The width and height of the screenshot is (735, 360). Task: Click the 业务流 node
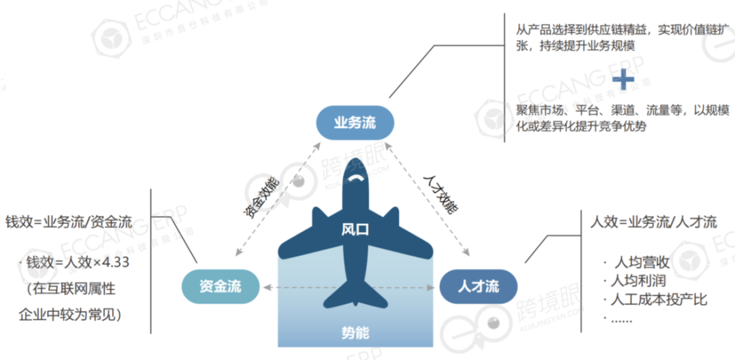(x=355, y=123)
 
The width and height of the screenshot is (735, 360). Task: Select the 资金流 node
(x=220, y=286)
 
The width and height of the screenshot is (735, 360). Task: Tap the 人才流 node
(x=478, y=286)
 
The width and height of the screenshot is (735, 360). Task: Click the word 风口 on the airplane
(x=355, y=229)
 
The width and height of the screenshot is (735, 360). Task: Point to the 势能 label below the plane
(x=355, y=333)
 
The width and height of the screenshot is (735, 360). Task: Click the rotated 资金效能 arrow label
(x=261, y=197)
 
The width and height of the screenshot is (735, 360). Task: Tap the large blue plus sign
(x=622, y=80)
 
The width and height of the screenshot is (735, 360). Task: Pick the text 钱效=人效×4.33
(x=77, y=263)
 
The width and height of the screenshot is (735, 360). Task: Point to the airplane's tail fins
(x=355, y=297)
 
